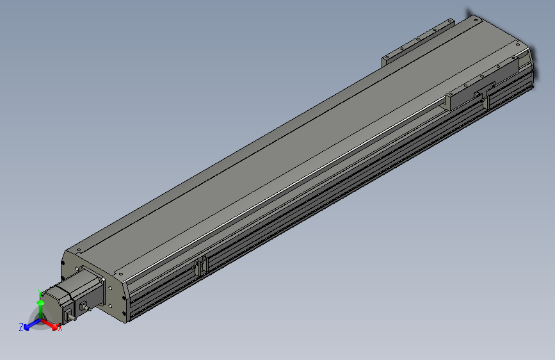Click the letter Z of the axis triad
(21, 327)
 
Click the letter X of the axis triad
(60, 328)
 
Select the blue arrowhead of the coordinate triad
(27, 326)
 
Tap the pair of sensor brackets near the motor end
(200, 266)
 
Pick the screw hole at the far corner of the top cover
(475, 20)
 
